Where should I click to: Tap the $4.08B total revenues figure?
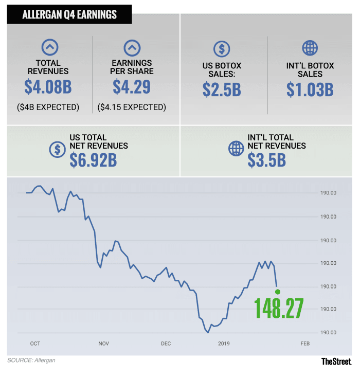[x=48, y=86]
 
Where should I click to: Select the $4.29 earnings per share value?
[x=132, y=86]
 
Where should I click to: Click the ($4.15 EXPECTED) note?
[x=132, y=107]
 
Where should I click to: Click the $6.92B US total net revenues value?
[x=93, y=159]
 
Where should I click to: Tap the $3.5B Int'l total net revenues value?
[x=266, y=159]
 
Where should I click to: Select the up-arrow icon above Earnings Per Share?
[x=132, y=48]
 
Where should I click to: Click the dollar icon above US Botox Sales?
[x=222, y=49]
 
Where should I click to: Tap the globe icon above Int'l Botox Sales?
[x=310, y=48]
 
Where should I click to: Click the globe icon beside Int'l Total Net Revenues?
[x=236, y=149]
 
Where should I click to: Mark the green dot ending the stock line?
[x=278, y=292]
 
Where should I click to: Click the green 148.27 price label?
[x=279, y=308]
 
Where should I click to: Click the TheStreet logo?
[x=336, y=362]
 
